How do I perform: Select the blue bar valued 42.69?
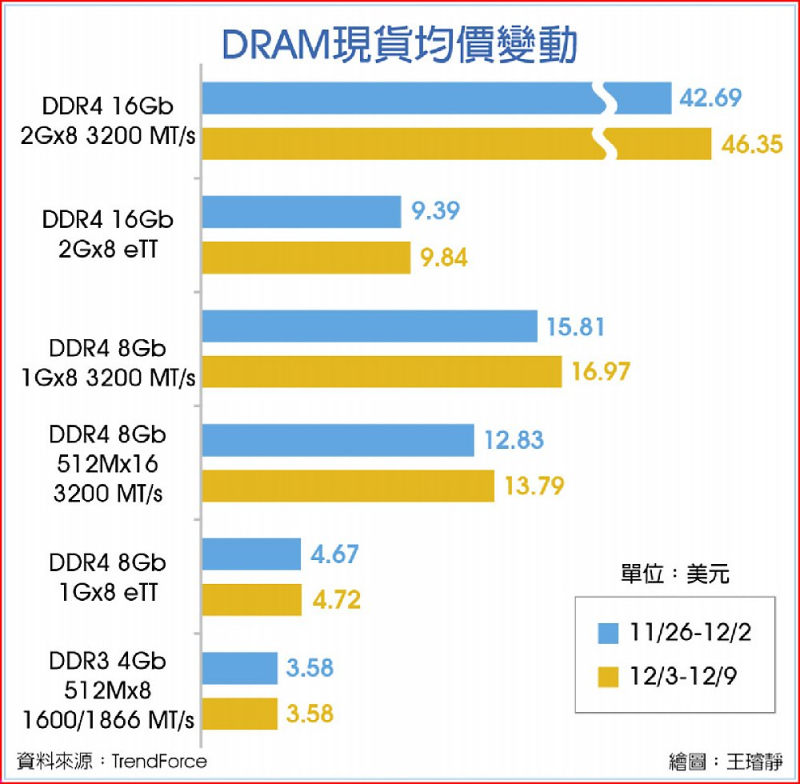pos(400,98)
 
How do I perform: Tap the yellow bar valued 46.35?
pos(400,144)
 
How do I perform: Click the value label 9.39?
pos(436,212)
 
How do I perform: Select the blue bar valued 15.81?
pos(370,326)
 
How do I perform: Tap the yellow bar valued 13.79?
pos(348,486)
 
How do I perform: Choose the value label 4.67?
pos(335,554)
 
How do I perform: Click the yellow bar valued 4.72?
pos(252,600)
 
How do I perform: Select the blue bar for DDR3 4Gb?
pos(240,668)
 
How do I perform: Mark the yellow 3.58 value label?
pos(310,712)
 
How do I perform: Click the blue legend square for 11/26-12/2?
pos(609,634)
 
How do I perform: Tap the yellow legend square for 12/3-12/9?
pos(609,678)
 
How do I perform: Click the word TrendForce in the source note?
pos(159,761)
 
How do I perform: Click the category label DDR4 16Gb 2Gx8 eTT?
pos(108,234)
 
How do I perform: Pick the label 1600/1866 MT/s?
pos(109,719)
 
